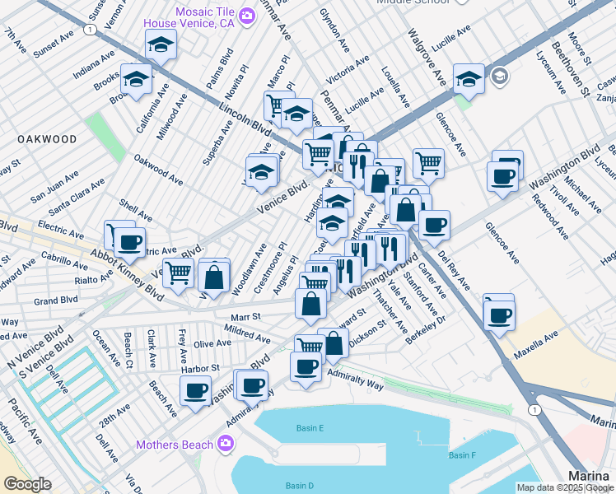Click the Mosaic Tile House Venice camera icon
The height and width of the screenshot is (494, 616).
[246, 16]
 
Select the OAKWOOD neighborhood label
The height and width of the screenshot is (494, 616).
[49, 140]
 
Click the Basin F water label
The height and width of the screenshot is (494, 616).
[462, 455]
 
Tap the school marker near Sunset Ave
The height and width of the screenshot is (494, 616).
[161, 45]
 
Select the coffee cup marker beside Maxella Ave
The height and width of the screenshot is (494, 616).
[499, 313]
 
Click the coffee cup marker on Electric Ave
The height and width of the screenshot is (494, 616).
[128, 241]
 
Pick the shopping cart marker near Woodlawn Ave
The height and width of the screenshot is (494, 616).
[178, 273]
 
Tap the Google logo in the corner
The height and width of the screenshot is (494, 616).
[28, 485]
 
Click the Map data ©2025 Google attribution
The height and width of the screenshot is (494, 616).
[565, 487]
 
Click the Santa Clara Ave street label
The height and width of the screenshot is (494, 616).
[78, 197]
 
